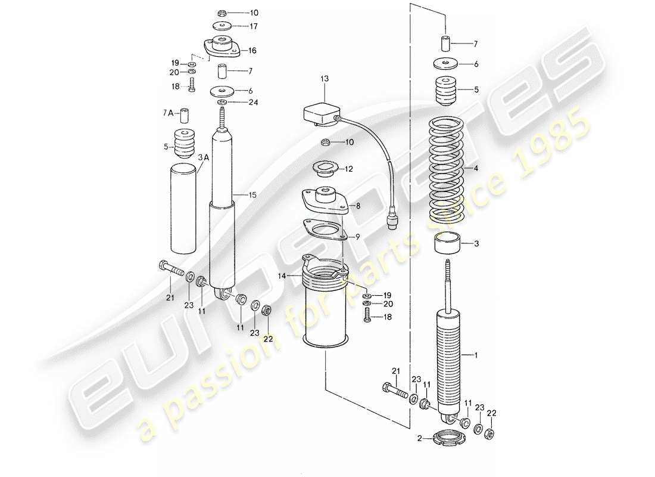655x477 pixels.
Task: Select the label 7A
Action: coord(169,113)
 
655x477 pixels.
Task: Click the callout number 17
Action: coord(253,26)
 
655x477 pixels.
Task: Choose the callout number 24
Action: coord(253,101)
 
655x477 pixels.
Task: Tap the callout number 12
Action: coord(348,169)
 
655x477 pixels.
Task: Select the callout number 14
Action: coord(281,275)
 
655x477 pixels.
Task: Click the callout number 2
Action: coord(419,438)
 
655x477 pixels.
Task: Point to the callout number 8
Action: coord(358,206)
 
